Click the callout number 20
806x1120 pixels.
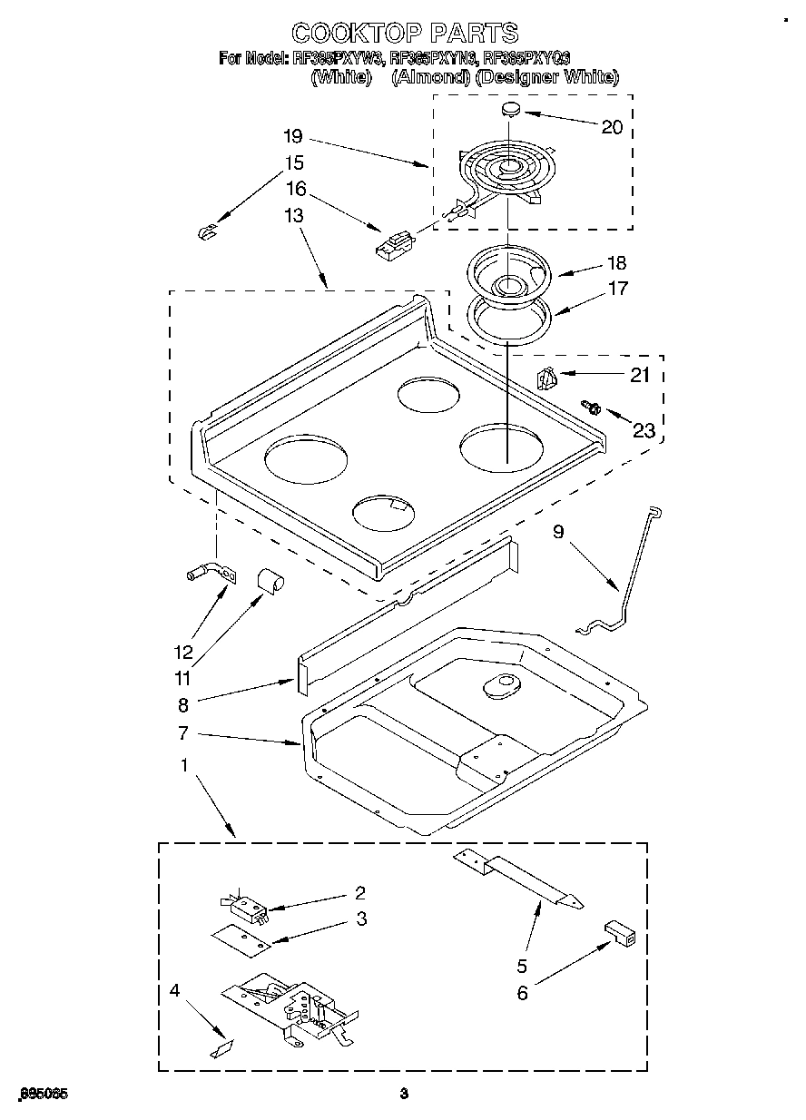point(613,127)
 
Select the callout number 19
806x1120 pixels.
point(292,137)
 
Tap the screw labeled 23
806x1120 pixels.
point(593,409)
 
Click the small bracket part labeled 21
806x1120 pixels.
point(546,378)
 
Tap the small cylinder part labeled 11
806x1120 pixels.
point(269,578)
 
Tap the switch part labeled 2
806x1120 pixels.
point(243,905)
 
